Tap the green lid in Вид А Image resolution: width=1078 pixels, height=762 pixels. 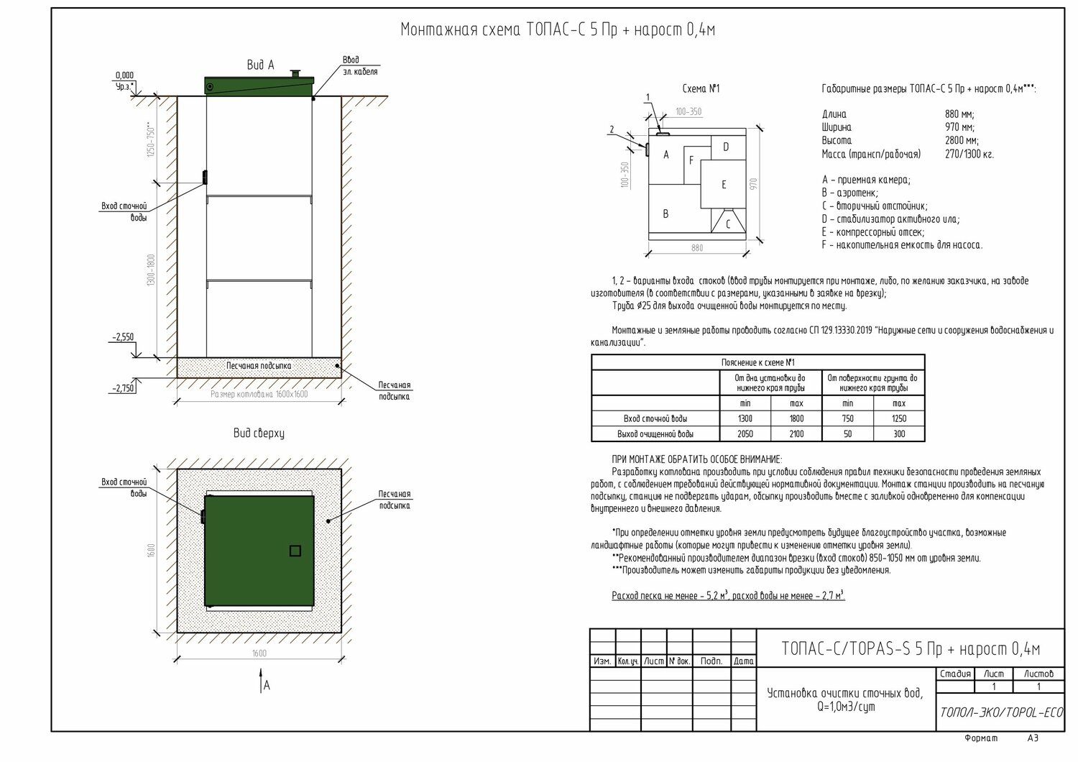coord(259,86)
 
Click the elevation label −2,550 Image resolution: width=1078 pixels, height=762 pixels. coord(123,336)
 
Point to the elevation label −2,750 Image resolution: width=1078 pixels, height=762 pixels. coord(123,388)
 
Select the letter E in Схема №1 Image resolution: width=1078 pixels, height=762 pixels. coord(724,185)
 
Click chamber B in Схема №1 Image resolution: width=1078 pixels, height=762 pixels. coord(666,214)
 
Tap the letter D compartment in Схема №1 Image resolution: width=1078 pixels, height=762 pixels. coord(726,147)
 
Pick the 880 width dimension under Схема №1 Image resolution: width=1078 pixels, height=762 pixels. coord(696,248)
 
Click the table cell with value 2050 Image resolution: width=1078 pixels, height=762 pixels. coord(745,434)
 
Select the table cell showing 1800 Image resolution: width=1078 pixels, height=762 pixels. coord(796,418)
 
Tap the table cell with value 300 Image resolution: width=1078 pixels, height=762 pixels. coord(898,434)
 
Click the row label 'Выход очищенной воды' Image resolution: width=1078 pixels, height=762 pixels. coord(655,434)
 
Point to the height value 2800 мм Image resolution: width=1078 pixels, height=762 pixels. coord(962,141)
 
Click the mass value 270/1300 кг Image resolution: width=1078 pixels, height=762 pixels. coord(969,155)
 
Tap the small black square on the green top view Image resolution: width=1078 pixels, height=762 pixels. coord(295,551)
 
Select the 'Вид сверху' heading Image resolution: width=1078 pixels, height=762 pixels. coord(259,433)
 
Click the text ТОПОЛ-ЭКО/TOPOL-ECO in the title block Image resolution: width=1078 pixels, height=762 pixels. coord(1001,712)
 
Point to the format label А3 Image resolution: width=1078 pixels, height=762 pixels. coord(1033,738)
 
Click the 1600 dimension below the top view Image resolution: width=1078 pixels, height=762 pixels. coord(259,653)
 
